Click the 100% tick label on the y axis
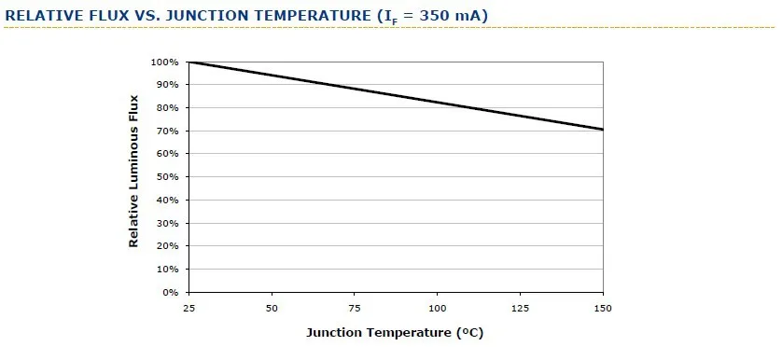pos(165,62)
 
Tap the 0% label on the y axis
pos(170,292)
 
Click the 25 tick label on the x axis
pos(189,308)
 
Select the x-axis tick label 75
pos(355,308)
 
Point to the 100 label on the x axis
pos(438,308)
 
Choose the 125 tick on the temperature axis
pos(520,308)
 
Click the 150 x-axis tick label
pos(603,308)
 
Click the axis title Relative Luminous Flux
pos(133,171)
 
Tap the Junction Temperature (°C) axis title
pos(395,333)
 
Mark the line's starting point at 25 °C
pos(189,62)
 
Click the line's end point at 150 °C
pos(603,130)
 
